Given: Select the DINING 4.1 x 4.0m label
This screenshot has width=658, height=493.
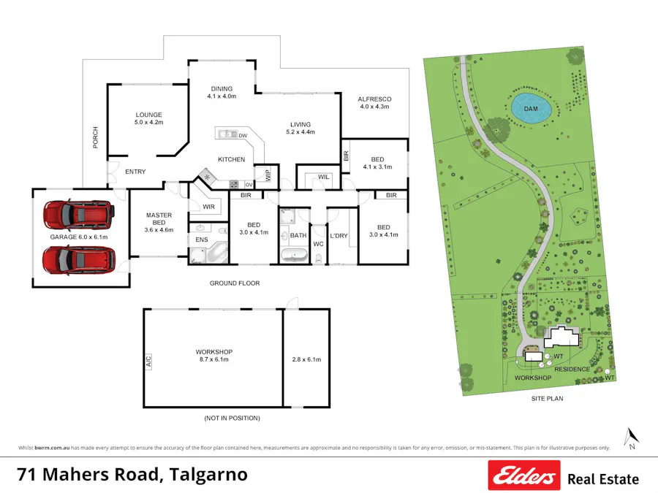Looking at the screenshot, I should pos(222,92).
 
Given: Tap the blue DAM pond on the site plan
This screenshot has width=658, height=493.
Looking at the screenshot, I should pos(531,109).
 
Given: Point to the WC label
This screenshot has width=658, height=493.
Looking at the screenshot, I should pos(318,243).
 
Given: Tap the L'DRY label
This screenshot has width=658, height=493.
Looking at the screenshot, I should pos(339,236).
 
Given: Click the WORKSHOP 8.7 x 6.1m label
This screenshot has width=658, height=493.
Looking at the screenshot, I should pos(213,355).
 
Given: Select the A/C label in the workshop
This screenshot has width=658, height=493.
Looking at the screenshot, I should pos(148,360).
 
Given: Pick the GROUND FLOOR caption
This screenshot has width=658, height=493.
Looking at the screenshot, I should pos(234,283).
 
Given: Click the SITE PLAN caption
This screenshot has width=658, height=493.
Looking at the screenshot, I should pos(547,399).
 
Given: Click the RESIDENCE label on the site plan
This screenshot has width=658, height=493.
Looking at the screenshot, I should pos(572,369).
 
